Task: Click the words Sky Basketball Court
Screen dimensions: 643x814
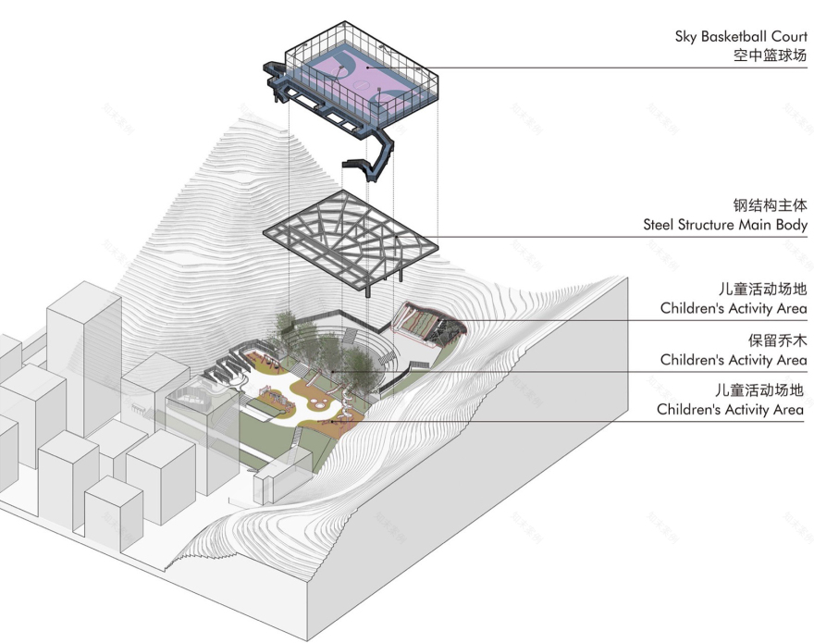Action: click(740, 37)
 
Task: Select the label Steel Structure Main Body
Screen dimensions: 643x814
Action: click(725, 225)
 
